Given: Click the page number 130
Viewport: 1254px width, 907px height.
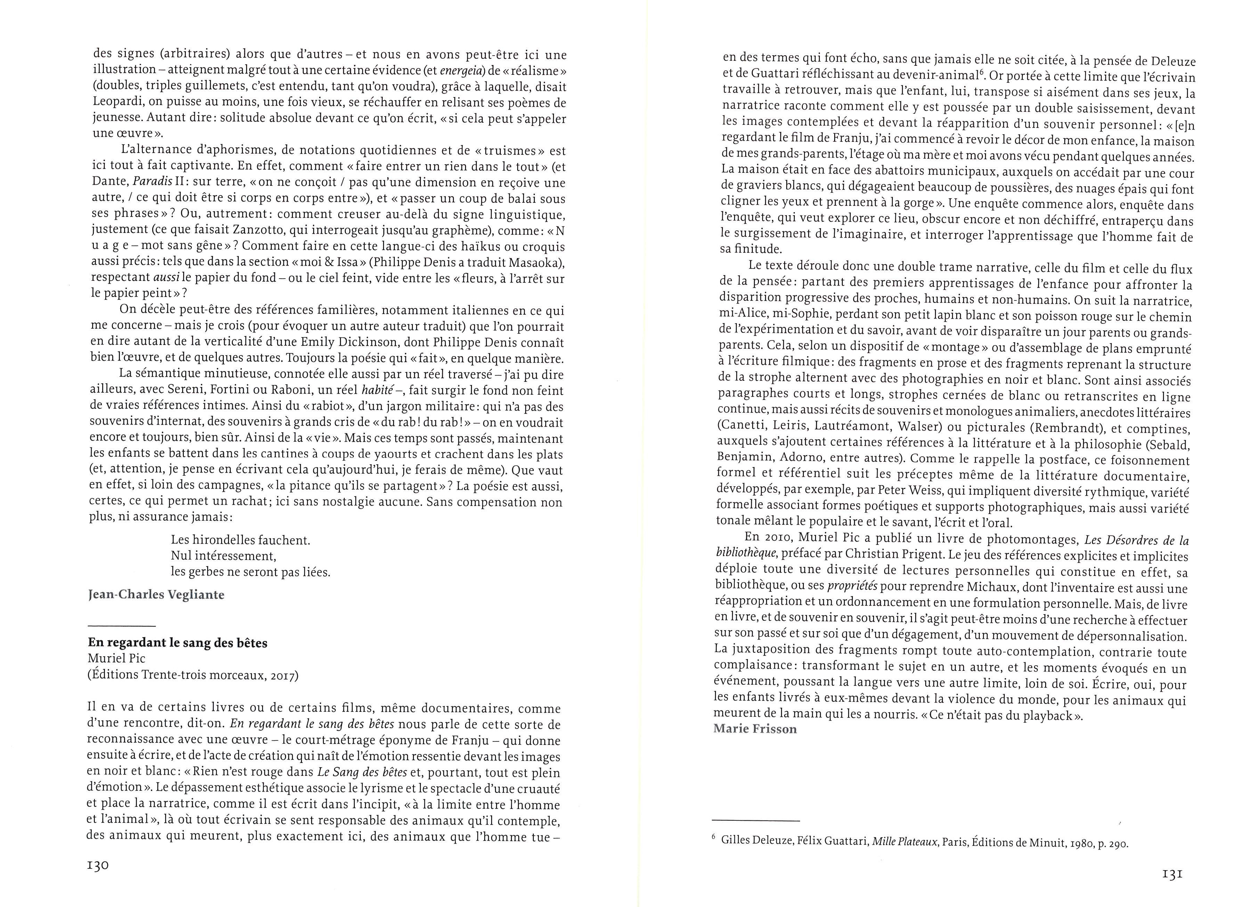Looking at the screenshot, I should pyautogui.click(x=98, y=866).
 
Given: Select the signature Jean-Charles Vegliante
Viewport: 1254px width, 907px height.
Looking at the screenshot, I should pyautogui.click(x=156, y=595).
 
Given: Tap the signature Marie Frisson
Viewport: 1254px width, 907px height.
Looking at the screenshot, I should pyautogui.click(x=755, y=729).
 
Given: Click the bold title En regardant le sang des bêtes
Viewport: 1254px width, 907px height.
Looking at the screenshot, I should pyautogui.click(x=178, y=643).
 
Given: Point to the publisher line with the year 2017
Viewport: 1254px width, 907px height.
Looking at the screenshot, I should pyautogui.click(x=193, y=676).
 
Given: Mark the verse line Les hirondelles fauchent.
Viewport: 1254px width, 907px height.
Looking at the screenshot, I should pyautogui.click(x=241, y=539).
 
